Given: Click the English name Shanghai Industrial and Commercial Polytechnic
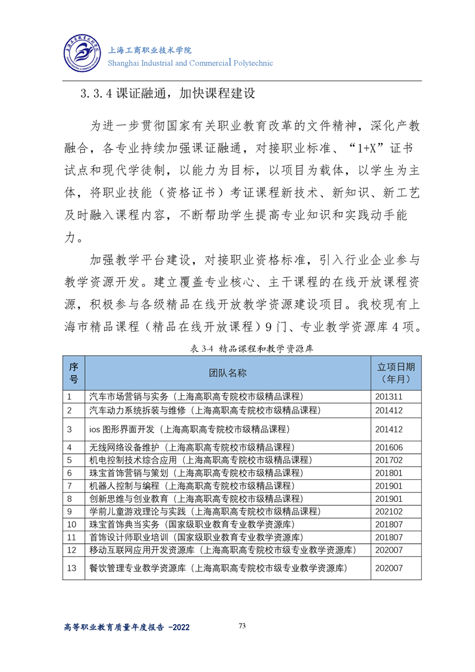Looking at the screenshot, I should [190, 63].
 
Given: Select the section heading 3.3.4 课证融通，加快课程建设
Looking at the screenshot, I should [168, 94].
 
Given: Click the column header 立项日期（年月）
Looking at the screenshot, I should [395, 373].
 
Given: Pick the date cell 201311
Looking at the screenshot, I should [389, 397].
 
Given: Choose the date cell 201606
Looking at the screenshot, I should [389, 447].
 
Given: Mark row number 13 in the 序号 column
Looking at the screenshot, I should [72, 568].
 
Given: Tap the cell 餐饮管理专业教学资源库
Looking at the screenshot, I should [218, 568].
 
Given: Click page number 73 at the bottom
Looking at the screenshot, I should [242, 626].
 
